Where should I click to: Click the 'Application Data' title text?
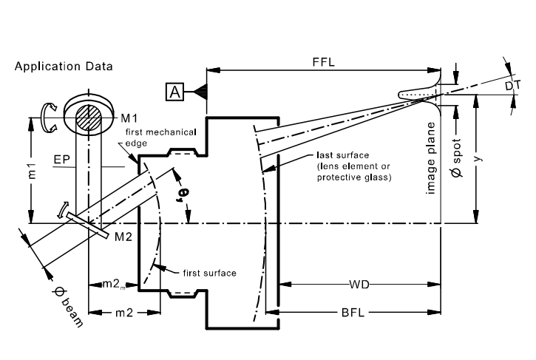pos(64,67)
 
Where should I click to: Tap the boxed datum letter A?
pos(174,92)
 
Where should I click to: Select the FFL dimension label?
pos(324,62)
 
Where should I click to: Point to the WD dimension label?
pos(359,284)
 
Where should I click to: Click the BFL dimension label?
pos(353,312)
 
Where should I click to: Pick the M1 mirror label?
pos(129,118)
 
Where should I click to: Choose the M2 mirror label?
pos(123,237)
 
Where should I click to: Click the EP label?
pos(62,160)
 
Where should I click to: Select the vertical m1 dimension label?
pos(32,171)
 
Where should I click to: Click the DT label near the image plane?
pos(513,86)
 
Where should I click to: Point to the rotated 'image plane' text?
pos(431,158)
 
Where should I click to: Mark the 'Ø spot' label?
pos(456,157)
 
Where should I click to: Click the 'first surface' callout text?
pos(209,274)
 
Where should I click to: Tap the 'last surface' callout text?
pos(343,155)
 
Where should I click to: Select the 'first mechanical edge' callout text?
pos(160,137)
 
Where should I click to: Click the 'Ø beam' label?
pos(68,307)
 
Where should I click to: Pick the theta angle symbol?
pos(182,196)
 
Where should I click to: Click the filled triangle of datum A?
pos(200,92)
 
